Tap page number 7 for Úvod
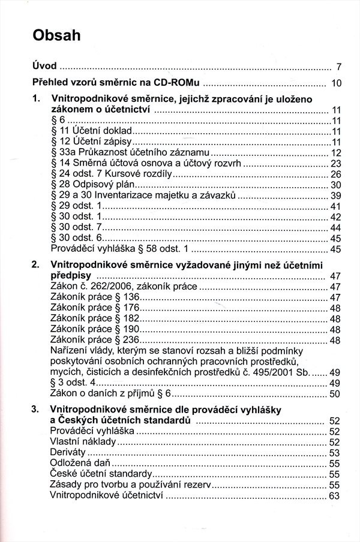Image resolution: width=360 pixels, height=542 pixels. [338, 67]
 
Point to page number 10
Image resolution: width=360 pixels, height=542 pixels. [336, 83]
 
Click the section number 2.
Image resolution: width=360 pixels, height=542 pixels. [35, 264]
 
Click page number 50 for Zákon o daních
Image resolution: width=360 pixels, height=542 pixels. [335, 394]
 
